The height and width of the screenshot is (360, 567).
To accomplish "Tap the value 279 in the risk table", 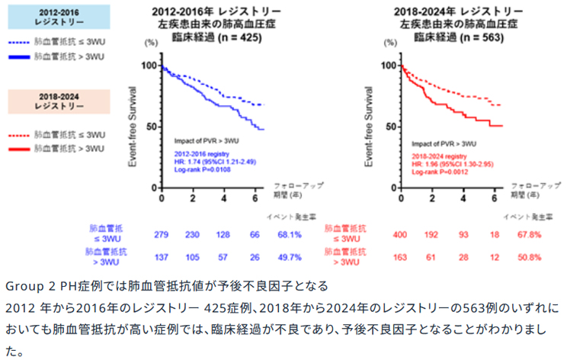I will [162, 233].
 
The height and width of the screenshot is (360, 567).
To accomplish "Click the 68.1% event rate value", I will [290, 233].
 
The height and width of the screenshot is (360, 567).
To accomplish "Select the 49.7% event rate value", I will [290, 257].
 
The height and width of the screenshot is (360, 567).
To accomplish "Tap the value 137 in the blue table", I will [162, 257].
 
